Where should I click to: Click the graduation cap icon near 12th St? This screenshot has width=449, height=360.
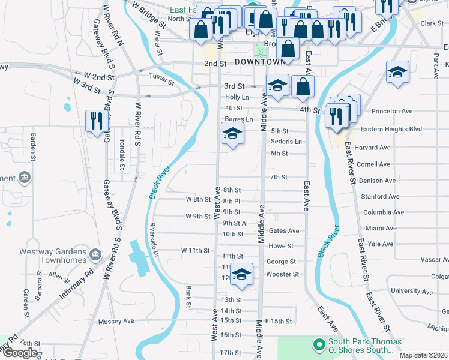point(241,275)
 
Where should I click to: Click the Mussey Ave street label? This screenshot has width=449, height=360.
point(116,321)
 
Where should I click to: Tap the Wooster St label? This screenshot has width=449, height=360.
point(282,274)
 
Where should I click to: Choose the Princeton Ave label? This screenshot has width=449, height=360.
point(393,111)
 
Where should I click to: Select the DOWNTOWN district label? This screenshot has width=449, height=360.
point(259,62)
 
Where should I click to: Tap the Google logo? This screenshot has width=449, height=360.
point(20,353)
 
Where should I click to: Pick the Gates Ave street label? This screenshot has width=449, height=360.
point(284,230)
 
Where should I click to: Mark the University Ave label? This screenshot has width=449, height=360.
point(411,291)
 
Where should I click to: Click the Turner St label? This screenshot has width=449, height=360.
point(161,77)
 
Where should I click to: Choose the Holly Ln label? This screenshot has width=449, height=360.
point(237,97)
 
